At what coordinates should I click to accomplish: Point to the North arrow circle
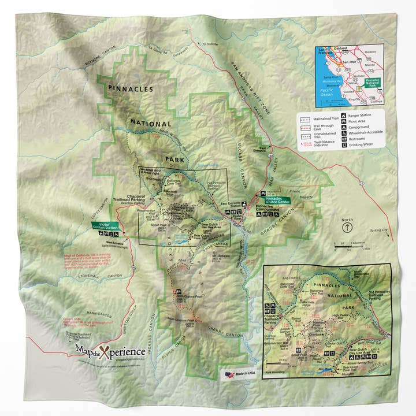click(x=347, y=227)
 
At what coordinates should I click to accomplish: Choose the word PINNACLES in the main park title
click(x=130, y=89)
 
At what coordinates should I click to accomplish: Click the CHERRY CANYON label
click(x=222, y=334)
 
